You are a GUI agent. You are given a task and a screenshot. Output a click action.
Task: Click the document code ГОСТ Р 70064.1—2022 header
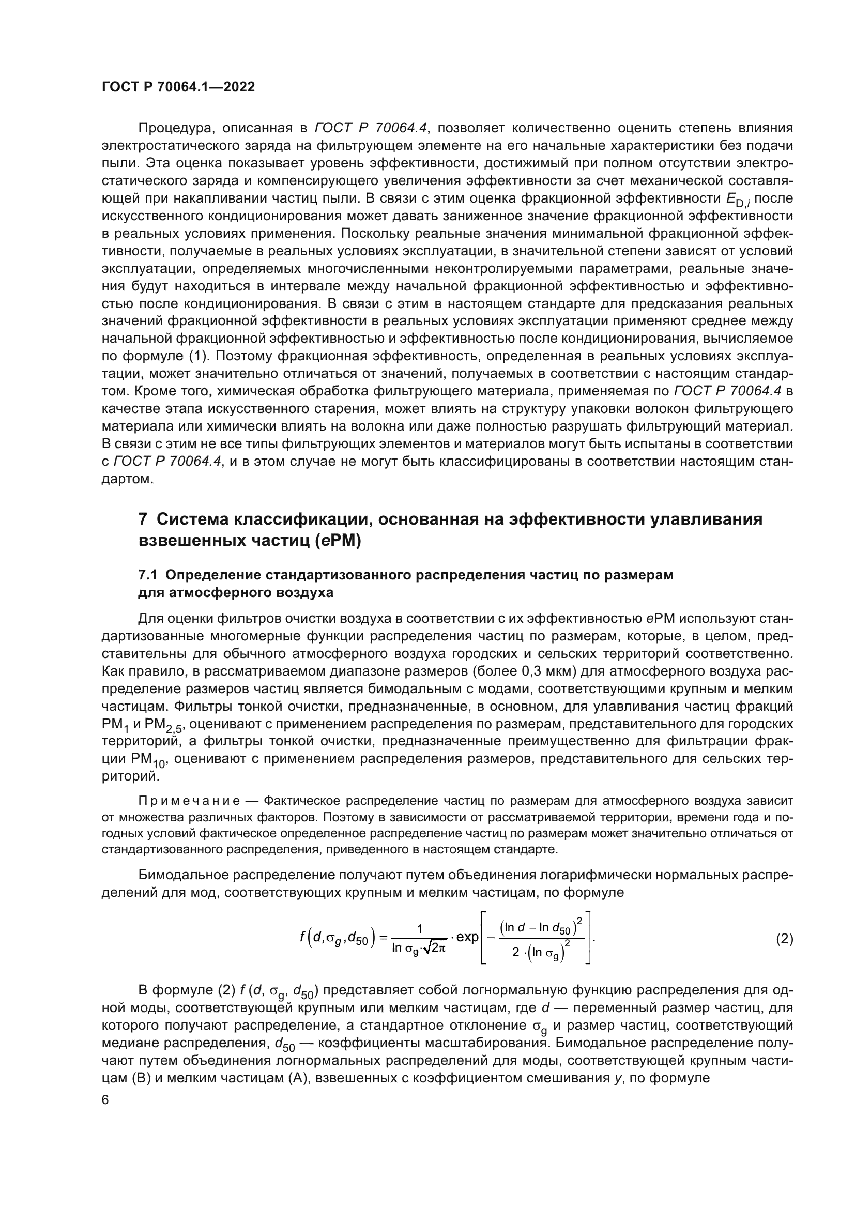tap(178, 87)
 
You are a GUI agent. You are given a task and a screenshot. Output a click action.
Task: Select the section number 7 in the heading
tap(143, 519)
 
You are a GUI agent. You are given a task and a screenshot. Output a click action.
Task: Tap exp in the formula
tap(467, 938)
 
